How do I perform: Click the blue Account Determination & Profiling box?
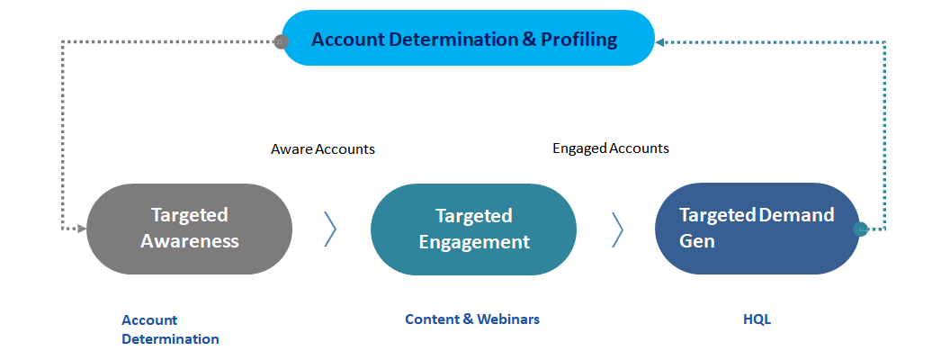[468, 38]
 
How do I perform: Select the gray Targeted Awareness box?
[189, 229]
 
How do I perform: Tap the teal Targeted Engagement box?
[473, 229]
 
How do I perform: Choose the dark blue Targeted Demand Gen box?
[757, 229]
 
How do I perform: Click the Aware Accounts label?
[323, 149]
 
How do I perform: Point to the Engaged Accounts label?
[611, 148]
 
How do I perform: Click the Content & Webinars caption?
[472, 319]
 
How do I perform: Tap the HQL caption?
[757, 319]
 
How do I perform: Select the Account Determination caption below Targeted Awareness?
[170, 329]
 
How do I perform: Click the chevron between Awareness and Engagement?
[330, 229]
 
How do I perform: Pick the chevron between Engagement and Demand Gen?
[617, 229]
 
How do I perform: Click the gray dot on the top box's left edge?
[281, 41]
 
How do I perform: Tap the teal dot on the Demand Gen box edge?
[860, 229]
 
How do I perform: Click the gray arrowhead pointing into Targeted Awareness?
[82, 229]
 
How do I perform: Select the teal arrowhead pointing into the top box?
[659, 42]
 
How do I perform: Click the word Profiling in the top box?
[578, 40]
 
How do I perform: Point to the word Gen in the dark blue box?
[696, 241]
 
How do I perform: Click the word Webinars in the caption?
[507, 319]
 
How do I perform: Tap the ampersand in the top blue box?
[528, 40]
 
